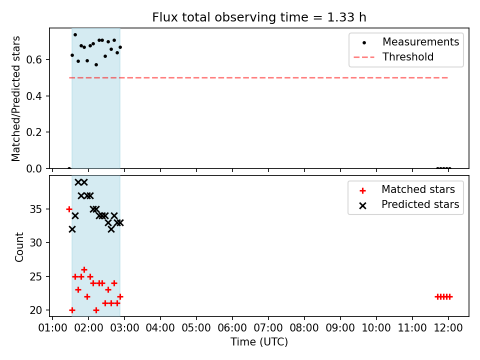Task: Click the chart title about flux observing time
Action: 259,17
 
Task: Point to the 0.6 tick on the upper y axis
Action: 35,59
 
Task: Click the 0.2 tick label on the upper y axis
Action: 35,132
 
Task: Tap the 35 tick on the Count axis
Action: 35,209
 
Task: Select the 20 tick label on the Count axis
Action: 35,310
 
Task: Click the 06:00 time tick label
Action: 232,328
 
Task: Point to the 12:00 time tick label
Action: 448,328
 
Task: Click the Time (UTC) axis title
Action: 259,341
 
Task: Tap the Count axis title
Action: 19,246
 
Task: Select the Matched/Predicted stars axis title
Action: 15,98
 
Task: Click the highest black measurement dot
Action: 75,34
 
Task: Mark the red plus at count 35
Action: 69,209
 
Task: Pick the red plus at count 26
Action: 84,269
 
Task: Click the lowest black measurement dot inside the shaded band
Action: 96,64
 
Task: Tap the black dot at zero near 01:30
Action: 69,168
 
